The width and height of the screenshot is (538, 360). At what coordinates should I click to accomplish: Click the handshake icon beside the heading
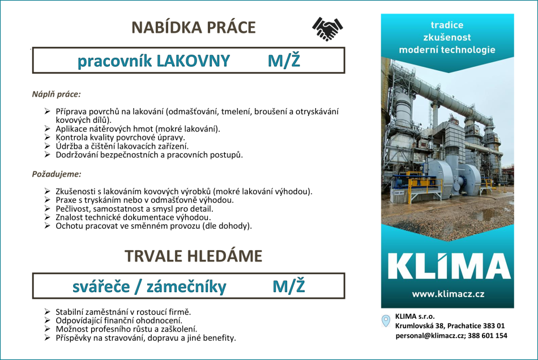coord(327,28)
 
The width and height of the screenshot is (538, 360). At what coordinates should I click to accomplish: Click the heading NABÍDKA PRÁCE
coord(194,28)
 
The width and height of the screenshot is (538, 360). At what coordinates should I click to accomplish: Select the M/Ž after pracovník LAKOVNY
coord(284,61)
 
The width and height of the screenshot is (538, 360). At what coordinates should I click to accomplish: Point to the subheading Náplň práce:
coord(57,94)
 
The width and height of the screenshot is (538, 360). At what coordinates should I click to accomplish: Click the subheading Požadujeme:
coord(57,174)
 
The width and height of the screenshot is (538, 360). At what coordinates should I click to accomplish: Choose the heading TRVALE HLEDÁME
coord(194,256)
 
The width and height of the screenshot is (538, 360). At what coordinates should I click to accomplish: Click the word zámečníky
coord(186,287)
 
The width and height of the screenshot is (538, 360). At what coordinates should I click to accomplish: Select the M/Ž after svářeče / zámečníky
coord(289,287)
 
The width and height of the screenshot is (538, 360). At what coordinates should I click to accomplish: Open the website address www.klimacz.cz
coord(447,294)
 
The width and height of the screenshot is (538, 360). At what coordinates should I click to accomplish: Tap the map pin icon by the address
coord(386,320)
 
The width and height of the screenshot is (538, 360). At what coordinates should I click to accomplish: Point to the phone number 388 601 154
coord(488,336)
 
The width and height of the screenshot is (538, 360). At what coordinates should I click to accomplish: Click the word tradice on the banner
coord(447,25)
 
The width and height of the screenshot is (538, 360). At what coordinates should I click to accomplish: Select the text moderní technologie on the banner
coord(447,50)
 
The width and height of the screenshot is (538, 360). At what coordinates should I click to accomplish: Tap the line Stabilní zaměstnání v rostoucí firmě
coord(123,312)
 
